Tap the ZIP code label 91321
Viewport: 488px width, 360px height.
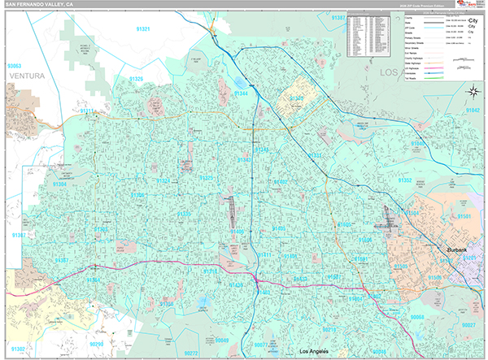click(x=143, y=29)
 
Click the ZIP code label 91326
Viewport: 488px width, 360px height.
click(x=135, y=79)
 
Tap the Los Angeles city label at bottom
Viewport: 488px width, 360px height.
click(x=316, y=351)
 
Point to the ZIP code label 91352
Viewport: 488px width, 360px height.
click(x=404, y=180)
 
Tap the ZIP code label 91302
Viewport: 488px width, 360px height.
click(x=18, y=349)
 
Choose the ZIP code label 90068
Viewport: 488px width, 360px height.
click(x=417, y=316)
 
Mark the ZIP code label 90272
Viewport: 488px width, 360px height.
click(x=191, y=353)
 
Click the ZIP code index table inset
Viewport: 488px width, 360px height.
click(x=371, y=37)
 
